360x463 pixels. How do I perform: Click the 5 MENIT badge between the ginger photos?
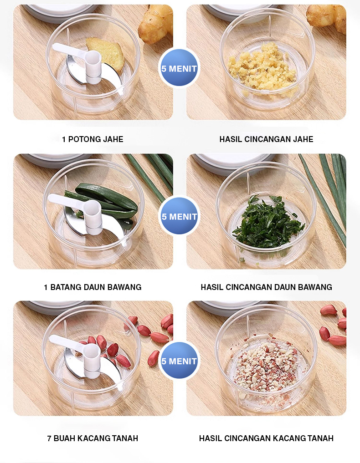point(179,69)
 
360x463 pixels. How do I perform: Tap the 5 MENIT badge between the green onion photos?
point(179,216)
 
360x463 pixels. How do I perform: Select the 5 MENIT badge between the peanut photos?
point(179,361)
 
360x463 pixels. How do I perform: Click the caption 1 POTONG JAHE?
point(93,139)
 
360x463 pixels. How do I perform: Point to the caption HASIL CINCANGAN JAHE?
point(266,139)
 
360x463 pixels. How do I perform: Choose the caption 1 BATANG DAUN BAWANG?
point(93,287)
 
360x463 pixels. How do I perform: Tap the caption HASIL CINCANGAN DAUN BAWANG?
point(266,287)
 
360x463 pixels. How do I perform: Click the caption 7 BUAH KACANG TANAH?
point(93,438)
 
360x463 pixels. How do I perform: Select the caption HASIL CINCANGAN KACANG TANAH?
point(266,438)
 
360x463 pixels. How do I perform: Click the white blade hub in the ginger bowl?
point(93,66)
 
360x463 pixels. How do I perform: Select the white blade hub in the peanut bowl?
point(92,360)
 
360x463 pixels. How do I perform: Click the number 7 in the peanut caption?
point(49,438)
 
